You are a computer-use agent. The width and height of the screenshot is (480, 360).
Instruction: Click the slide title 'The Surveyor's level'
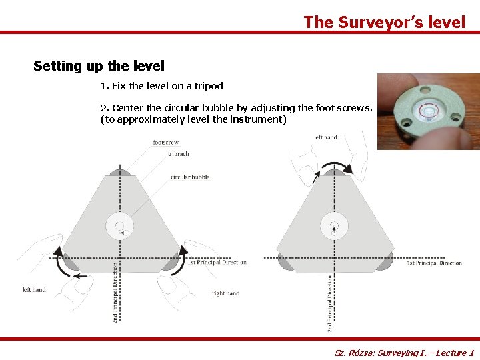tap(385, 22)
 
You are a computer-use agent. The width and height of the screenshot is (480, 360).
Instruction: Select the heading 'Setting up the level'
tap(99, 66)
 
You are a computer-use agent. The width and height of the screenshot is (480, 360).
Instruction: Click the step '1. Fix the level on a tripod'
tap(161, 86)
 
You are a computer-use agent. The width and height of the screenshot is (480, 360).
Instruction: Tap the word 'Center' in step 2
tap(128, 107)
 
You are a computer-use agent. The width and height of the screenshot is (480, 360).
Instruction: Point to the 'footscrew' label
tap(166, 143)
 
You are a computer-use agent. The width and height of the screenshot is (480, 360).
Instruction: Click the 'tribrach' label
tap(179, 154)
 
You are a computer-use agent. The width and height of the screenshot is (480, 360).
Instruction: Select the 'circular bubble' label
tap(190, 177)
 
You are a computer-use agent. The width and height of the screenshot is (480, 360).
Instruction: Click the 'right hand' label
tap(225, 293)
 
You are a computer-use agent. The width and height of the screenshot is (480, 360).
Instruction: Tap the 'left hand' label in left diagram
tap(34, 290)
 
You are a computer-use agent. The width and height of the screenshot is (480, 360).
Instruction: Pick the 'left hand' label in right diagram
tap(325, 137)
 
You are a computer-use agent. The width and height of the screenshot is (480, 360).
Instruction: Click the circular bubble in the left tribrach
tap(120, 226)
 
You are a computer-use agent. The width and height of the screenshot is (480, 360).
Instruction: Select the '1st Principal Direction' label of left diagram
tap(217, 262)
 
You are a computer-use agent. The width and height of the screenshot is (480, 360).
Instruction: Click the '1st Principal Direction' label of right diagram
tap(434, 263)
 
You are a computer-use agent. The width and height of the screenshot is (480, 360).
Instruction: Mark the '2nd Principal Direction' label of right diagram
tap(330, 304)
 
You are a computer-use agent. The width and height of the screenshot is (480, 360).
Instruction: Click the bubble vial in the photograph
tap(425, 109)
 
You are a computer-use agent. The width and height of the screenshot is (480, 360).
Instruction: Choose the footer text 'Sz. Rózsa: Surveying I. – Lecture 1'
tap(404, 353)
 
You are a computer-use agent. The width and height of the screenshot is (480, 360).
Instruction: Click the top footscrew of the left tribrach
tap(120, 172)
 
